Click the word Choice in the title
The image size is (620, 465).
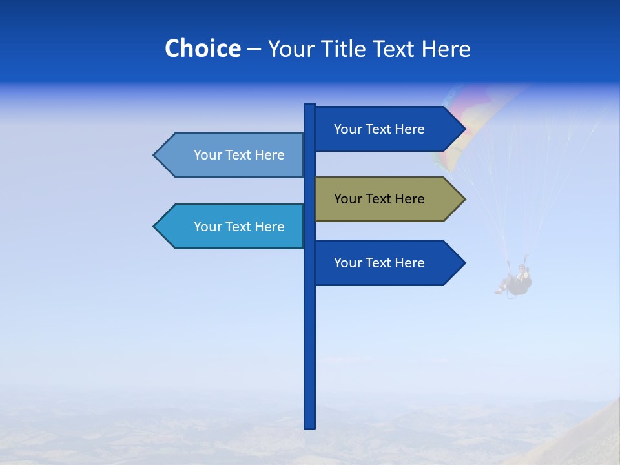coord(202,48)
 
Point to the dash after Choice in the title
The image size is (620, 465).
coord(254,49)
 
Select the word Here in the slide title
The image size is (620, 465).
coord(446,48)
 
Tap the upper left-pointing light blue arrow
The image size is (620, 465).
coord(232,155)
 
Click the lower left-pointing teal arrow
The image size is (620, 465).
coord(232,227)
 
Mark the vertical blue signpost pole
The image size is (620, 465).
coord(309,349)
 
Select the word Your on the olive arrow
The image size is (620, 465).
coord(347,199)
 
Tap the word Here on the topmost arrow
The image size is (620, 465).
coord(409,129)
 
